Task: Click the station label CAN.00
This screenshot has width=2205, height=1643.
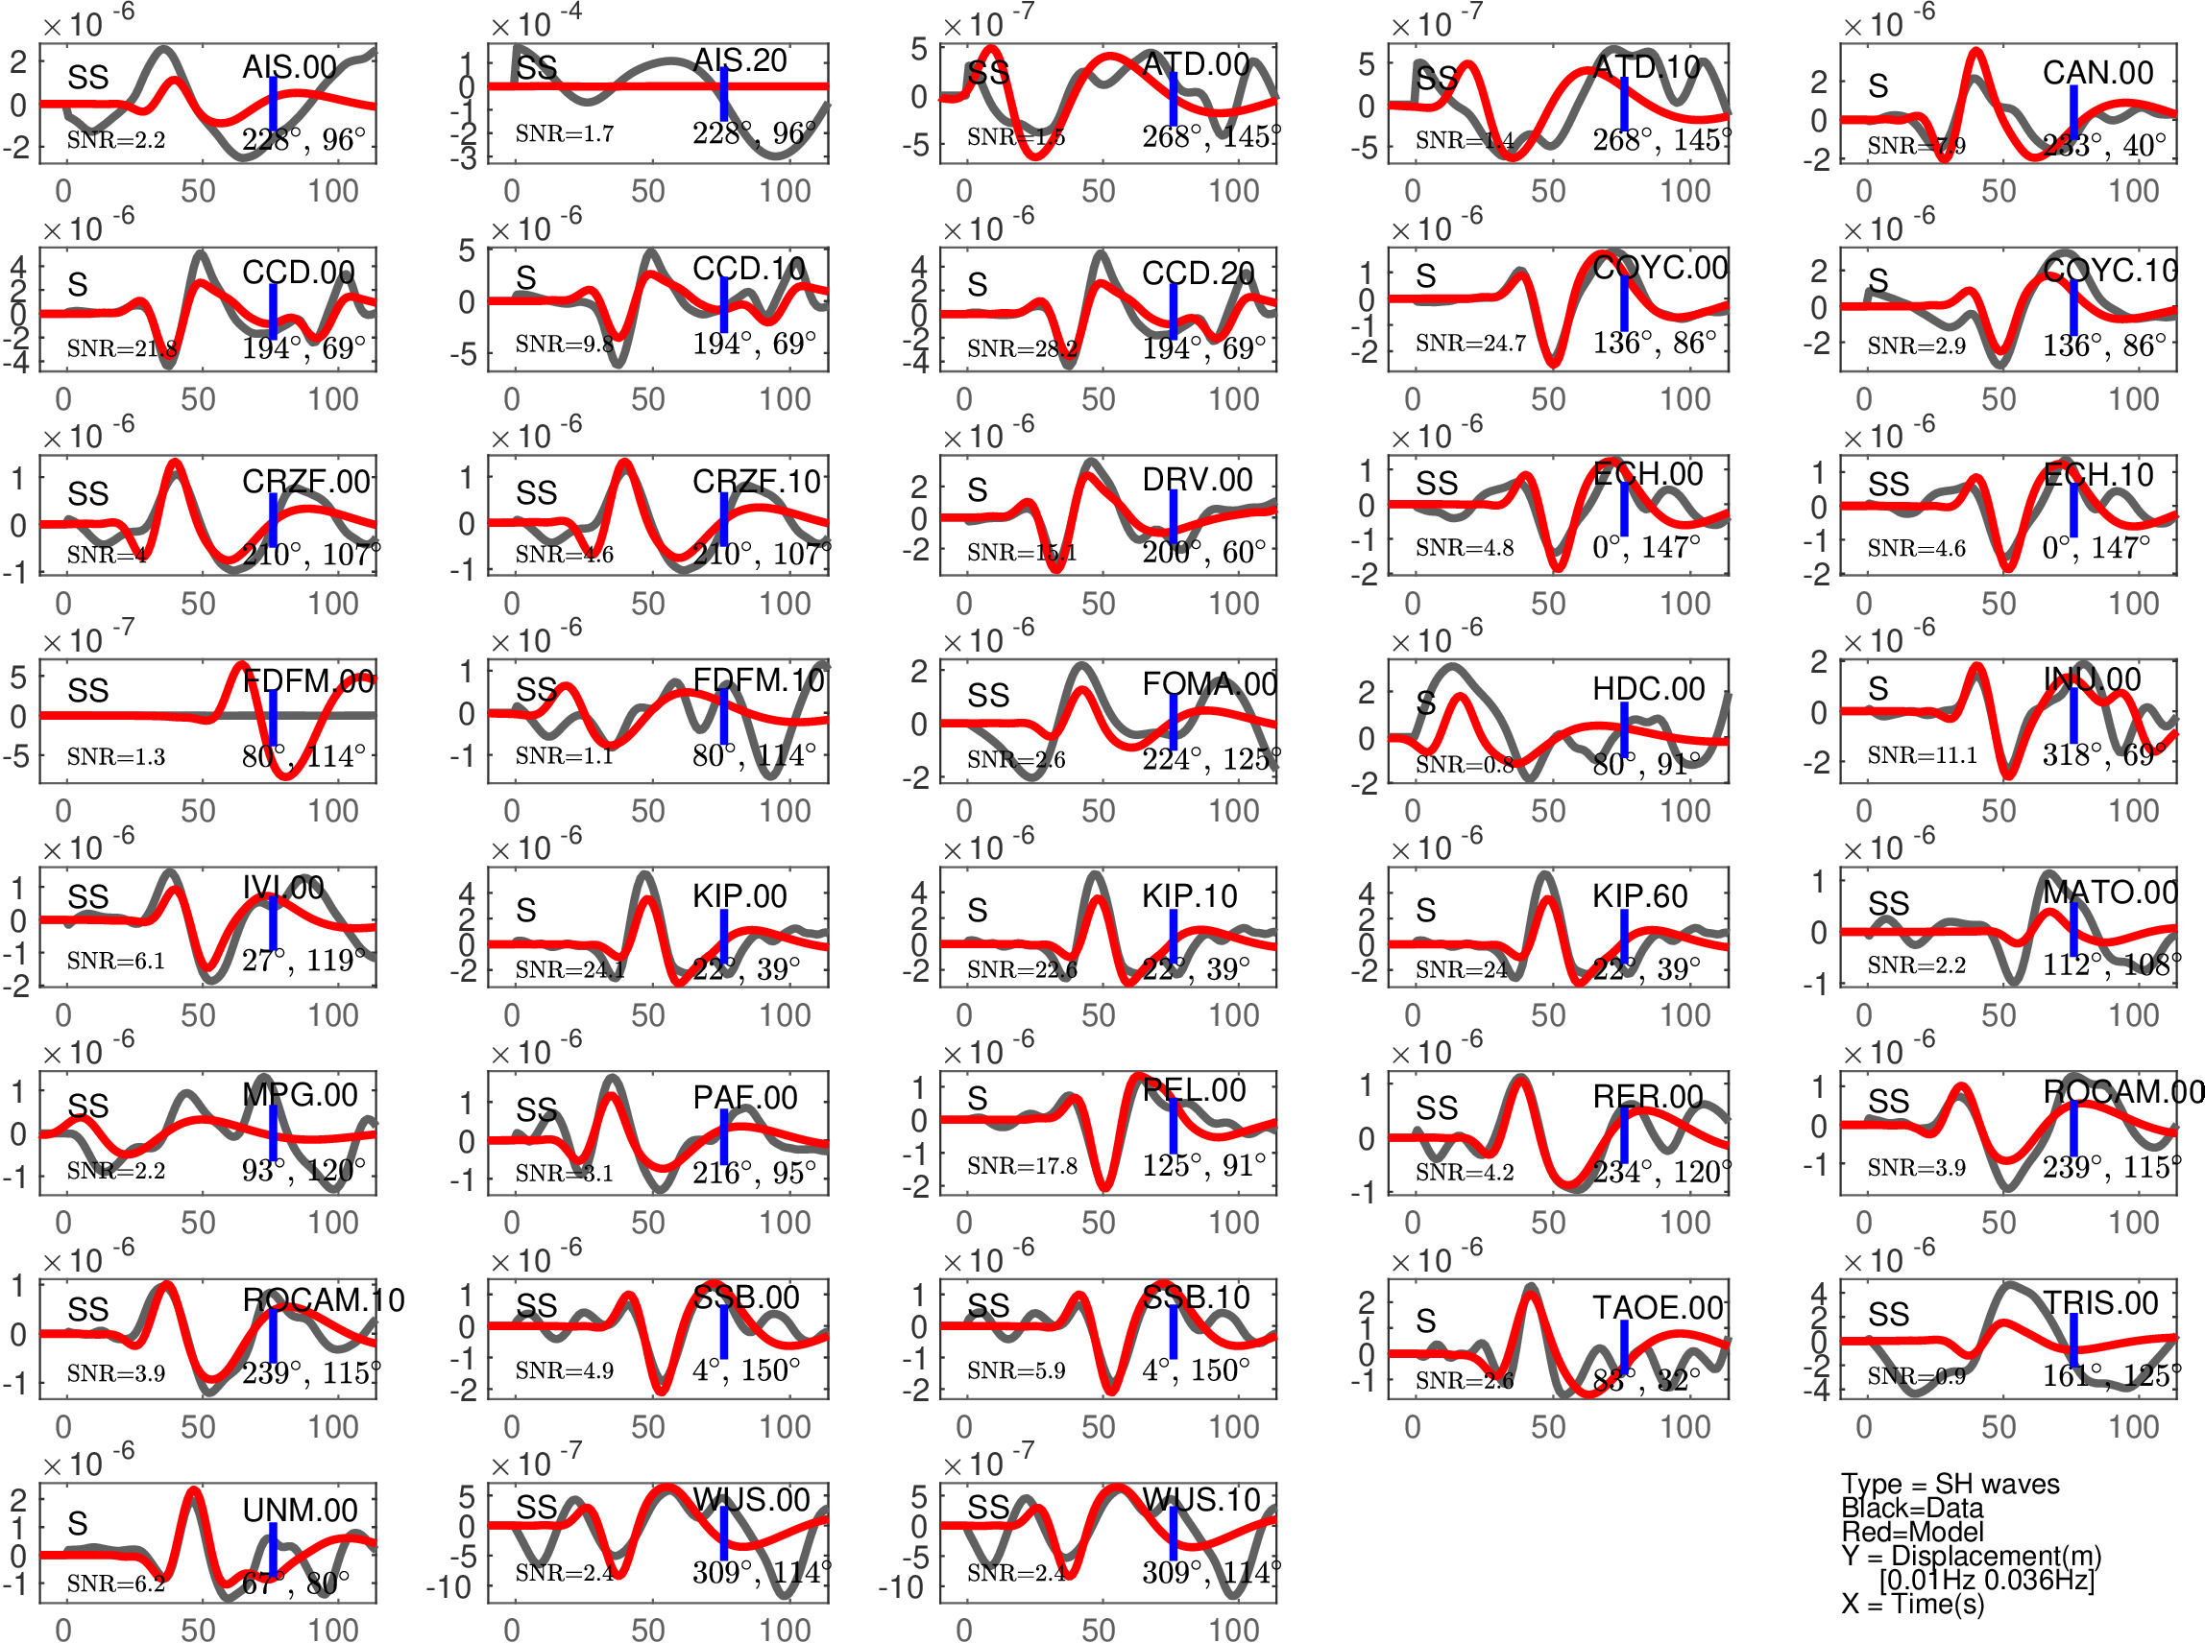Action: click(2097, 73)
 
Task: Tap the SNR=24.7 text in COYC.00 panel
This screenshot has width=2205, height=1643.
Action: click(1469, 344)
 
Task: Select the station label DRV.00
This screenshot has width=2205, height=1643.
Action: click(1196, 480)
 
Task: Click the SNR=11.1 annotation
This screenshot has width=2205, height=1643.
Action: click(1922, 756)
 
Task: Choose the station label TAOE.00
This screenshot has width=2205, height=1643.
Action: click(1657, 1307)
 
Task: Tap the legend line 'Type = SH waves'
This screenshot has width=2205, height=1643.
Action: click(1950, 1484)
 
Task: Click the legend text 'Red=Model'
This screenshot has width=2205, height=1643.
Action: click(1911, 1532)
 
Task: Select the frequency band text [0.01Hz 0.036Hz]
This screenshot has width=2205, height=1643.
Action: click(1986, 1580)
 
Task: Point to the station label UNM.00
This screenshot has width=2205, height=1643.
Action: click(300, 1510)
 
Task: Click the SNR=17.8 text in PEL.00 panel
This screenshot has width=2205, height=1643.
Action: click(1022, 1166)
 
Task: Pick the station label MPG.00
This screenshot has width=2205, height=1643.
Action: click(300, 1095)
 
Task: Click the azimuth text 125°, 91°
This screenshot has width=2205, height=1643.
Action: click(1203, 1165)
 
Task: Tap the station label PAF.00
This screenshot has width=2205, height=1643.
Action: click(744, 1098)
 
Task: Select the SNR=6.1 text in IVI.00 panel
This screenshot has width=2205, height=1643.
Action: click(115, 961)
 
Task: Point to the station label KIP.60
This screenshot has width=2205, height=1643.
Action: click(1638, 896)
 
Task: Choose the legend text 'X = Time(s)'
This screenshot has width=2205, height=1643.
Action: click(1911, 1604)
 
